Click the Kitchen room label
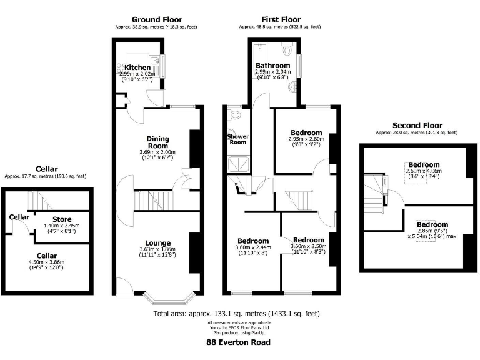click(137, 67)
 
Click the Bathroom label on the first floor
click(272, 66)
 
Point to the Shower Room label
click(238, 139)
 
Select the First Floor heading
click(279, 20)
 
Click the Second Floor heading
click(416, 125)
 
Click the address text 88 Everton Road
click(240, 342)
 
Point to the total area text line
click(240, 313)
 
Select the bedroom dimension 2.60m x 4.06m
click(424, 171)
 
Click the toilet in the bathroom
click(287, 48)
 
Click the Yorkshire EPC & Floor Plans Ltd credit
click(240, 326)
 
